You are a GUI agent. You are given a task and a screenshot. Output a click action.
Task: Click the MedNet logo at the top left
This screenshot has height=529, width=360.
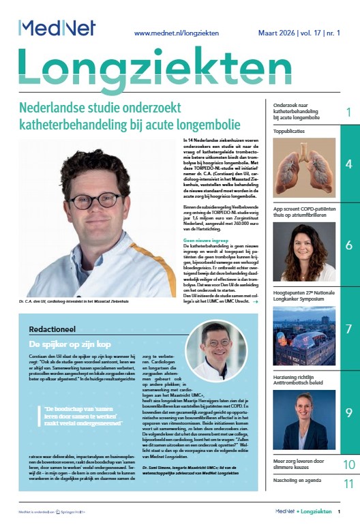tap(57, 27)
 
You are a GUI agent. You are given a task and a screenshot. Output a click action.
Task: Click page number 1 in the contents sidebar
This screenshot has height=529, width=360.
tap(348, 112)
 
